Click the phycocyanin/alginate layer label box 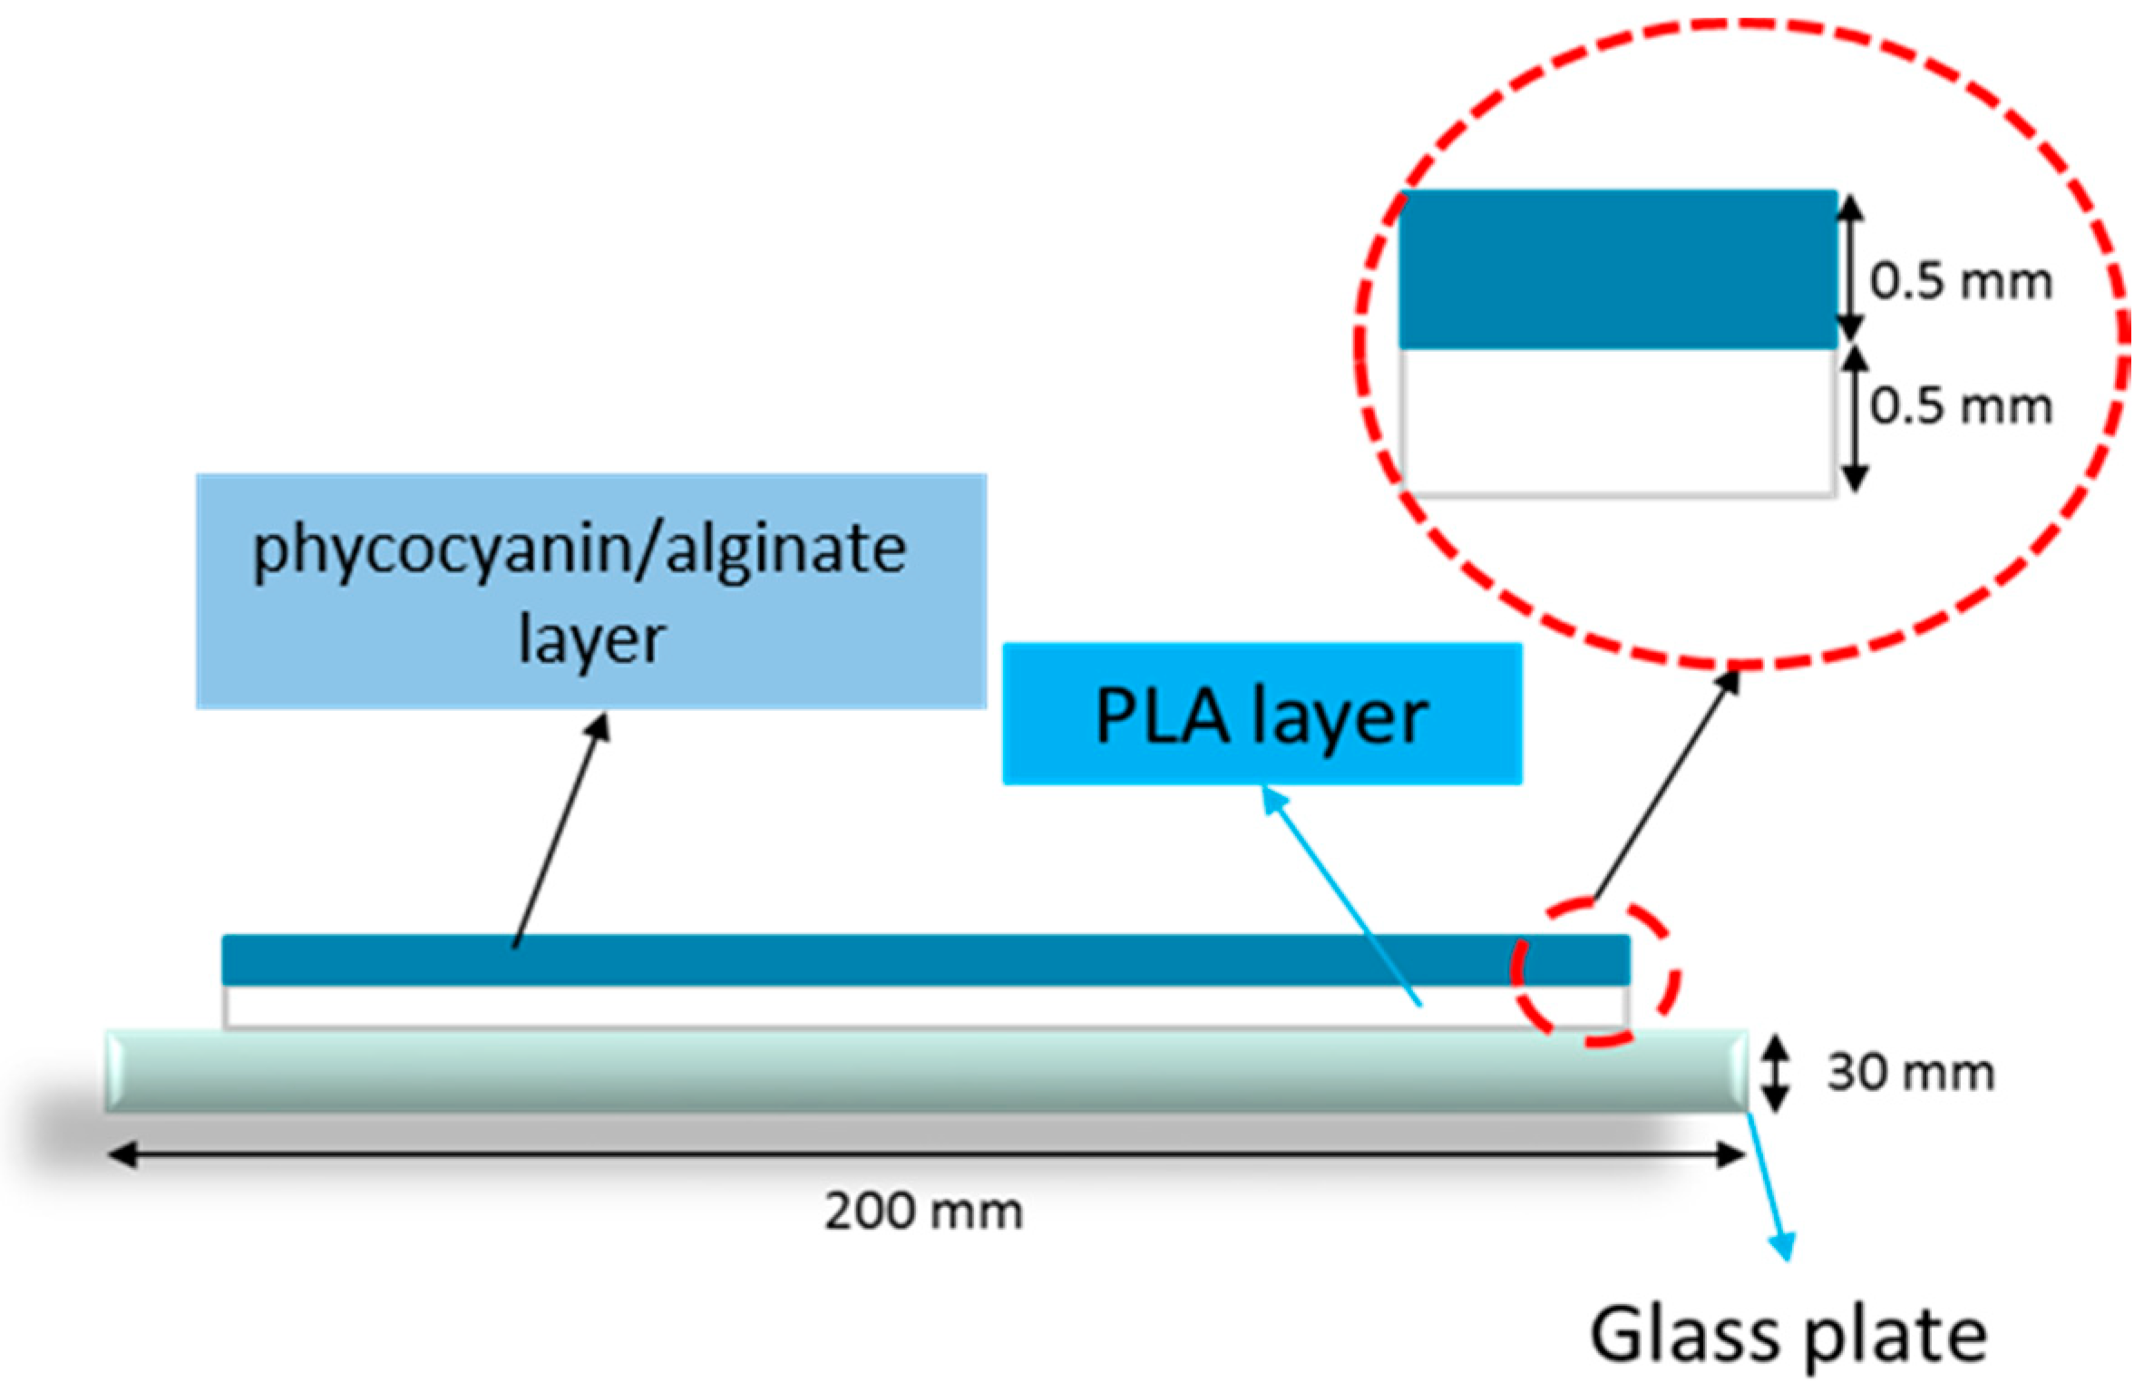pos(590,590)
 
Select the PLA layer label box pos(1262,714)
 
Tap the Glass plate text pos(1788,1335)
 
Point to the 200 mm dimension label pos(923,1212)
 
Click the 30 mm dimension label pos(1910,1074)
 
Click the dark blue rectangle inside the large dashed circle pos(1617,269)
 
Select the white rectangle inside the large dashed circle pos(1617,422)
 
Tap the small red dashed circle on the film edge pos(1595,972)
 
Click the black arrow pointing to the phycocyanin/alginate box pos(560,830)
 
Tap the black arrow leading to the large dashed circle pos(1666,784)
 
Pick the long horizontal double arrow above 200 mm pos(925,1155)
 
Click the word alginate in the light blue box pos(786,549)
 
